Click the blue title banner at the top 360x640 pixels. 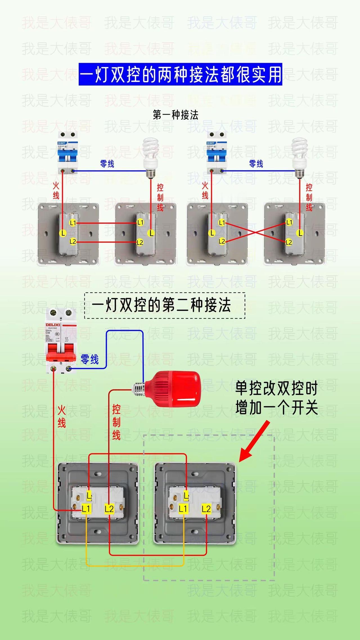click(180, 74)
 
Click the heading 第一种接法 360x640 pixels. click(175, 115)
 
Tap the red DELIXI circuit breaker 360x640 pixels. click(61, 341)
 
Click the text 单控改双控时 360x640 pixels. click(276, 389)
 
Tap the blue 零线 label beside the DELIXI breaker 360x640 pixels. click(90, 360)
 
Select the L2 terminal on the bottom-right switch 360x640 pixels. click(206, 509)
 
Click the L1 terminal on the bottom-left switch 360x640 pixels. click(86, 509)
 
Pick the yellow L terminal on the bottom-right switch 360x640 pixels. click(186, 495)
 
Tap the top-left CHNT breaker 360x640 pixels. click(67, 153)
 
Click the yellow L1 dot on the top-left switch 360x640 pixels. click(73, 223)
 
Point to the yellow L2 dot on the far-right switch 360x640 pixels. click(289, 242)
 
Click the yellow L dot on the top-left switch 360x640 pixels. click(62, 233)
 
